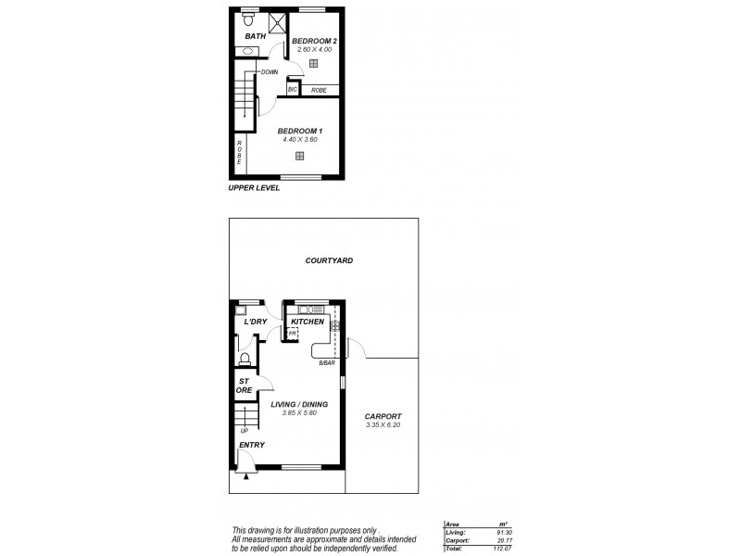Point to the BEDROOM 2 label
point(313,41)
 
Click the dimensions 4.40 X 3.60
point(299,139)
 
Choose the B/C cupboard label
point(293,90)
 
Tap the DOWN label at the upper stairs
point(270,71)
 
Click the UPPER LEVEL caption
point(254,187)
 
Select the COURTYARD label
point(329,260)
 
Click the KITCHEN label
point(308,322)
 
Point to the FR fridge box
point(291,333)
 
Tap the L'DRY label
point(244,322)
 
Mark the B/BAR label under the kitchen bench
point(326,362)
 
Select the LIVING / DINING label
point(299,404)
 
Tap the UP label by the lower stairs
point(245,431)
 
